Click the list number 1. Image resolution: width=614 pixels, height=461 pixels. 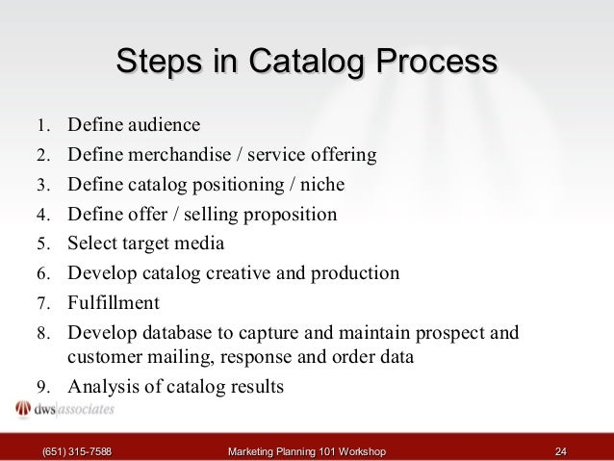point(42,126)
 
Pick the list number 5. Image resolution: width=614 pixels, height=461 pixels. point(42,243)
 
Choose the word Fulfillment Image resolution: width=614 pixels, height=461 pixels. point(114,302)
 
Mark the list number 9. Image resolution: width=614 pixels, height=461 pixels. point(42,388)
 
